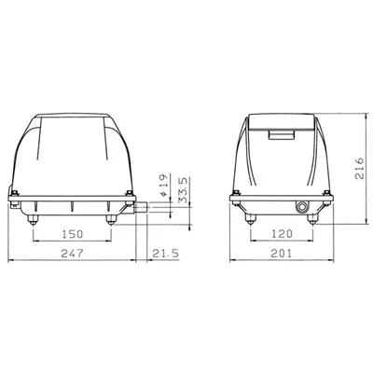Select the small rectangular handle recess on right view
(x=281, y=134)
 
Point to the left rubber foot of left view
(x=34, y=220)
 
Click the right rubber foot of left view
(x=113, y=220)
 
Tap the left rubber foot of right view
(x=249, y=220)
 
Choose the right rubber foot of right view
(x=314, y=220)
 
